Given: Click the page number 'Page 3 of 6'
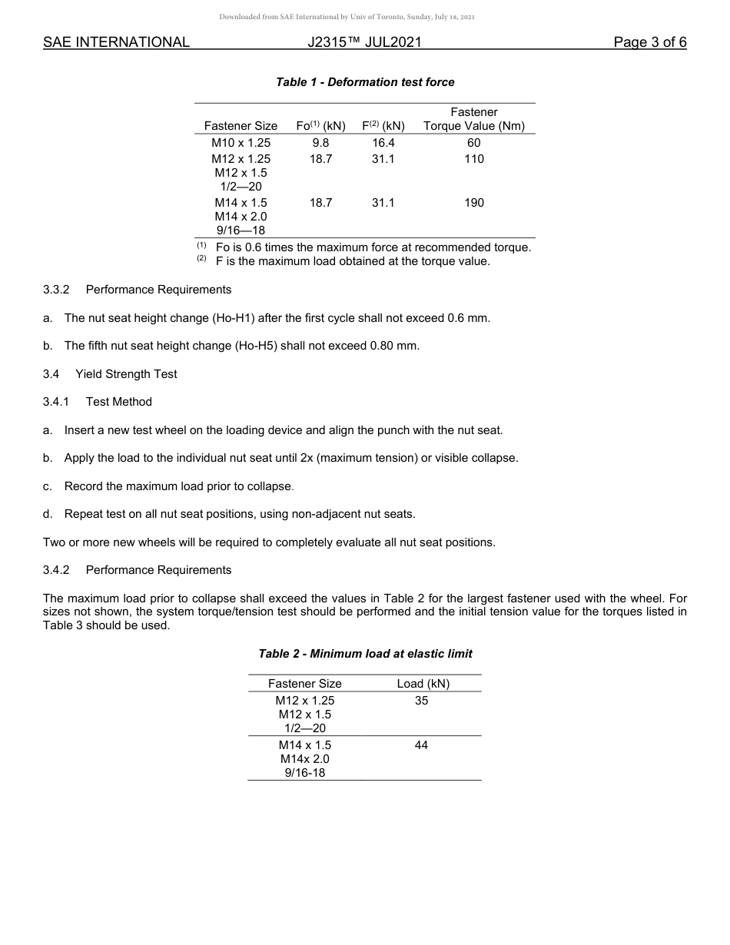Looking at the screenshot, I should click(x=649, y=43).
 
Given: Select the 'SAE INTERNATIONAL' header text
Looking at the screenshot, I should click(x=116, y=43).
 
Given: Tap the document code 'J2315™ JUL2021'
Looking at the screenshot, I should click(x=364, y=43).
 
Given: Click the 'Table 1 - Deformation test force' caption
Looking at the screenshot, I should click(x=365, y=82).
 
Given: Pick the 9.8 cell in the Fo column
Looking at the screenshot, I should click(x=320, y=143).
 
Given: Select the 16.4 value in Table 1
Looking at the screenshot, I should click(x=383, y=143).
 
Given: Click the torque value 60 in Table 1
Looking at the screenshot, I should click(x=474, y=143).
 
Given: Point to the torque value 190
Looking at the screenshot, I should click(x=474, y=203).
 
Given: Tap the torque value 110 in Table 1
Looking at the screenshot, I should click(x=474, y=159).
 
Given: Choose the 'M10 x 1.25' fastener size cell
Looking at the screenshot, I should click(x=241, y=143).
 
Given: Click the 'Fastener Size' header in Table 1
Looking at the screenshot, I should click(x=241, y=126).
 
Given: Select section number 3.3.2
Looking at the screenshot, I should click(x=56, y=290).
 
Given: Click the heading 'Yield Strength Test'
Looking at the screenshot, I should click(x=126, y=374).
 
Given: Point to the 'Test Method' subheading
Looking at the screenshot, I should click(x=119, y=402).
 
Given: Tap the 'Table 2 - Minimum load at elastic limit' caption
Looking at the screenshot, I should click(x=365, y=654).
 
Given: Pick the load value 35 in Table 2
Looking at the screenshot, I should click(x=421, y=701).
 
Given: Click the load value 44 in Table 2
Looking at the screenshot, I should click(x=421, y=745).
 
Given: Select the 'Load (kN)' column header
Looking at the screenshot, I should click(x=423, y=684).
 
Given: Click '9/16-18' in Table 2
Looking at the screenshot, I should click(x=305, y=773).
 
